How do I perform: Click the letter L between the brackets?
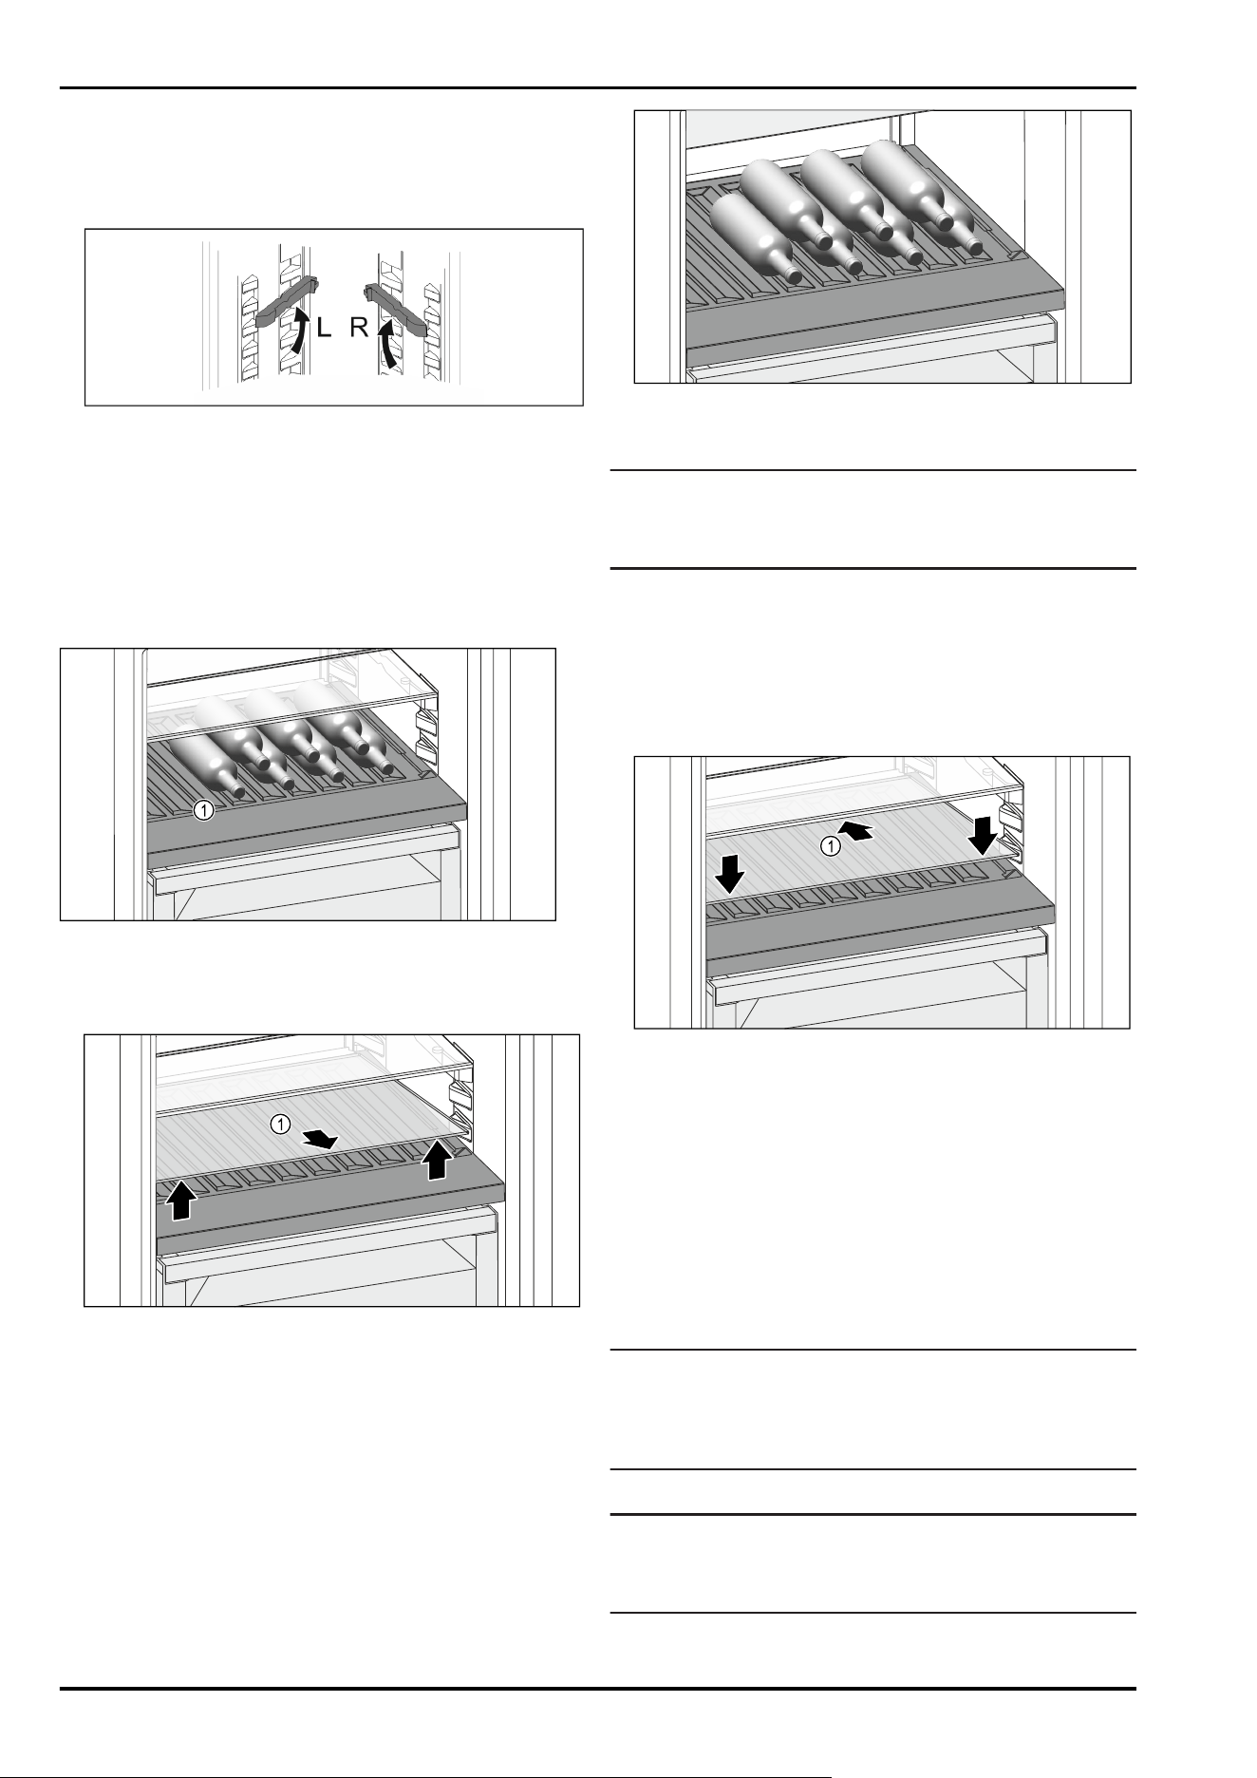324,330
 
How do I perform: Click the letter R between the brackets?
358,330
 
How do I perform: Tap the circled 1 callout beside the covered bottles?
202,811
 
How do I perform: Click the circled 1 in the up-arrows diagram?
280,1125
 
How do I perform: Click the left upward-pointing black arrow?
181,1200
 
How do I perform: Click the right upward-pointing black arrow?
436,1159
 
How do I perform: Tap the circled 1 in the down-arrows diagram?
830,846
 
